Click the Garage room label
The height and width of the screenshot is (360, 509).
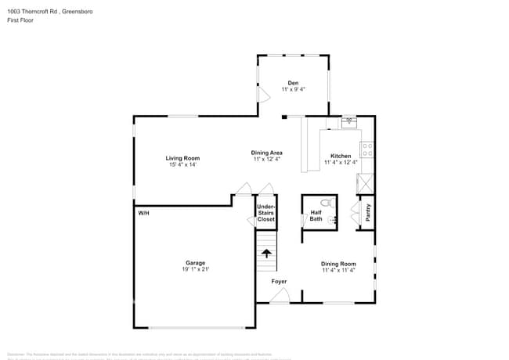click(x=195, y=263)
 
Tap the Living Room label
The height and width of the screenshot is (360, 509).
click(x=182, y=158)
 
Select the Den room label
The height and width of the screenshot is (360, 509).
click(x=293, y=83)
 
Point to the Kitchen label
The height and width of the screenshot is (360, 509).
click(x=341, y=156)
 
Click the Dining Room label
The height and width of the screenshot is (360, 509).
click(x=338, y=264)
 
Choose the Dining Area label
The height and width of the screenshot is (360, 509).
click(x=266, y=153)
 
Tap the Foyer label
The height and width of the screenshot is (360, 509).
click(x=279, y=281)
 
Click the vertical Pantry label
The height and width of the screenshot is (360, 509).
click(x=367, y=213)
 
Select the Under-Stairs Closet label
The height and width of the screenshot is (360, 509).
click(x=266, y=213)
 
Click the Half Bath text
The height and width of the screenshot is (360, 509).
click(x=316, y=215)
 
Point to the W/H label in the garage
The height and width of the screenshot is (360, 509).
click(x=143, y=213)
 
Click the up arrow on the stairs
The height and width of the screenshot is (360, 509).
click(x=267, y=253)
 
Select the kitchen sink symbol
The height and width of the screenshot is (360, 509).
click(x=349, y=121)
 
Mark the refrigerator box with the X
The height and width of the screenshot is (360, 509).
click(x=365, y=184)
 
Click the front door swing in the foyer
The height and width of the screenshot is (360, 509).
click(x=280, y=295)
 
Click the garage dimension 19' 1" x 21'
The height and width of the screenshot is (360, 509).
click(x=195, y=269)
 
